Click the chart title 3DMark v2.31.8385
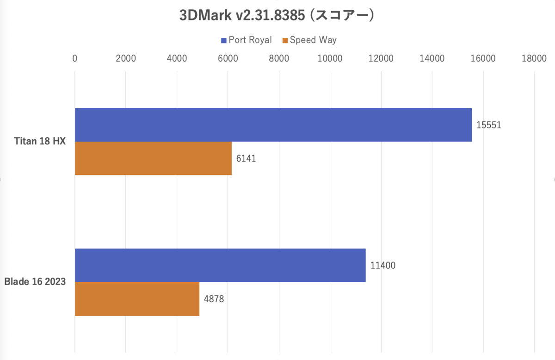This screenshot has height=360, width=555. pos(277,15)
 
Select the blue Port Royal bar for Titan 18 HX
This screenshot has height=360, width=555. pos(273,125)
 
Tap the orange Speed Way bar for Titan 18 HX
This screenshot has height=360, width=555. pos(153,158)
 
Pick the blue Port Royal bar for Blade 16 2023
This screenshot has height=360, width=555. pos(220,265)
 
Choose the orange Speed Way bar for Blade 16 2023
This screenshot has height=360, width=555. pos(137,299)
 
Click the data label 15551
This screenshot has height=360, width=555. pos(489,125)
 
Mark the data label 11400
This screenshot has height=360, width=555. pos(383,266)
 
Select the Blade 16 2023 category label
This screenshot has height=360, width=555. pos(35,282)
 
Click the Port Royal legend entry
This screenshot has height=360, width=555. pos(250,40)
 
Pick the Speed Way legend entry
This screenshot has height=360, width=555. pos(313,40)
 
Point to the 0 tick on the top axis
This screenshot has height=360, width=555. pos(75,58)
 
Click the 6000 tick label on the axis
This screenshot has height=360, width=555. pos(228,58)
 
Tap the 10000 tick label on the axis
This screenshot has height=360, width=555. pos(330,58)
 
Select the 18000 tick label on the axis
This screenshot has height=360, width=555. pos(534,58)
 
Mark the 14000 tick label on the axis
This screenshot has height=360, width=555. pos(432,58)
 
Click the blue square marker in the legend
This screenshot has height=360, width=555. pos(224,40)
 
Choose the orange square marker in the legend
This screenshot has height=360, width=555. pos(285,40)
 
